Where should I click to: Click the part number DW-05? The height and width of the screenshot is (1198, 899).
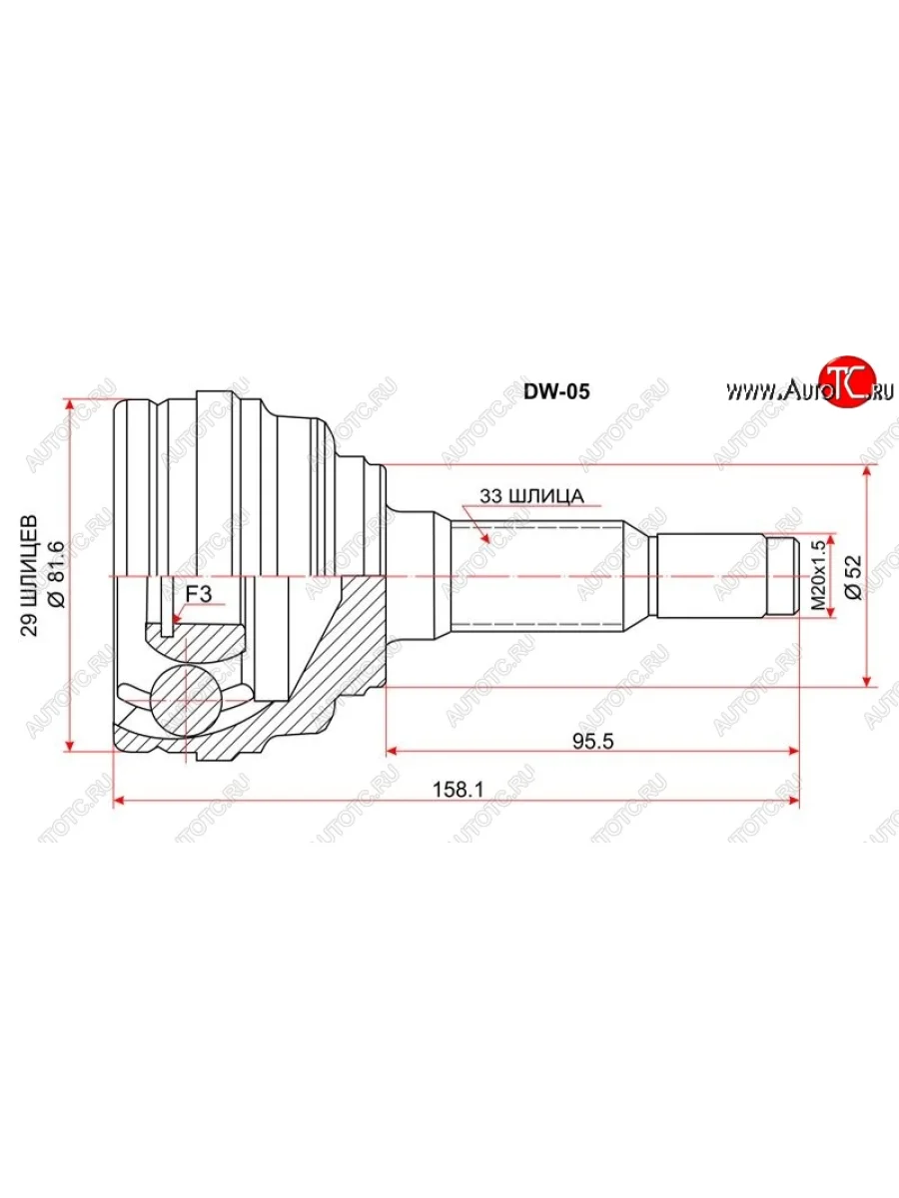[x=556, y=392]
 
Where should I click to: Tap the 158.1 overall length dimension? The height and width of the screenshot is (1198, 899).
[x=457, y=790]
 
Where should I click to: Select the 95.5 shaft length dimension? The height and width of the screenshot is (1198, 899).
[x=593, y=741]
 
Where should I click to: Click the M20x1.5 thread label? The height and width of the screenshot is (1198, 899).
[x=817, y=576]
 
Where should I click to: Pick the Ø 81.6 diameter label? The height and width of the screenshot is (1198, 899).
[x=57, y=574]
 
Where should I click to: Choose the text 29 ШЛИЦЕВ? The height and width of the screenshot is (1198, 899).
[x=30, y=575]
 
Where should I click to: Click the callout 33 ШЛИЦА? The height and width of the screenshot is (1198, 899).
[x=531, y=496]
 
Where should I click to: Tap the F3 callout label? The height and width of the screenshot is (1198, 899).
[x=198, y=593]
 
